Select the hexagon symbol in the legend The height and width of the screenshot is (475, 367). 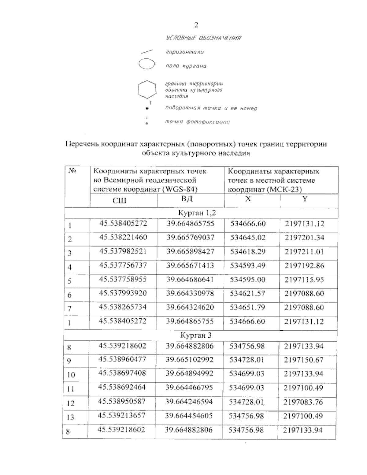(x=147, y=89)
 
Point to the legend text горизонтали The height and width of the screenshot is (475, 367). (x=184, y=52)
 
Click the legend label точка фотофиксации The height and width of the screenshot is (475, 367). (x=197, y=122)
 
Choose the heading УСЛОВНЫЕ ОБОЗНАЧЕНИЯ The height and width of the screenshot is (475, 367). (x=203, y=38)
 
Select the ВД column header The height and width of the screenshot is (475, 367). (x=187, y=199)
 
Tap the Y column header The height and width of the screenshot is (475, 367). (x=305, y=199)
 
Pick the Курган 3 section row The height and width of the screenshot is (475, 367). (x=196, y=335)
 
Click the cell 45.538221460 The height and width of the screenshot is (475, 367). (x=123, y=237)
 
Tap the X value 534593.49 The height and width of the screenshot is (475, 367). (x=248, y=265)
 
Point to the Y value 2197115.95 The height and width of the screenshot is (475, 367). (x=304, y=280)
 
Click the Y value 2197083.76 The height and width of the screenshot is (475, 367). (x=303, y=402)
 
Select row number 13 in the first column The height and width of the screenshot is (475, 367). (x=70, y=417)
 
